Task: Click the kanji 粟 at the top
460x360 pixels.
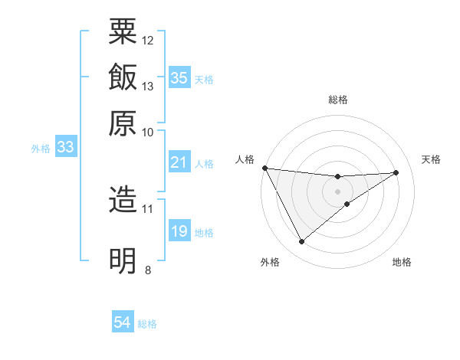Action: (x=123, y=31)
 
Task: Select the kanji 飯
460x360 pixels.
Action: (x=123, y=77)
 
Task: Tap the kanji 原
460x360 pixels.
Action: (x=123, y=123)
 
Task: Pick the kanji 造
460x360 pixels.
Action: (x=123, y=200)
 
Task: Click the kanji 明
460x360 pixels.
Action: (x=123, y=260)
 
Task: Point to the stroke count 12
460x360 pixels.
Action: (x=148, y=40)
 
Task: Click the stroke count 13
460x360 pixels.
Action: (x=148, y=86)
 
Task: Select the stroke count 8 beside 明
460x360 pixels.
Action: (x=147, y=269)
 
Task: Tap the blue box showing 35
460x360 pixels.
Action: (x=179, y=77)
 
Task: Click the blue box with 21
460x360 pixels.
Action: (x=179, y=162)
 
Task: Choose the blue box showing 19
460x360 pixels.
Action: (x=179, y=231)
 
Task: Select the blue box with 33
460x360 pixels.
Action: (x=65, y=147)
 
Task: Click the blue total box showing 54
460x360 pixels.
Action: (x=123, y=322)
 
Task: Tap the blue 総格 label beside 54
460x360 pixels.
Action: (x=147, y=324)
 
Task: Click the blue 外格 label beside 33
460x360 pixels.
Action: (x=41, y=149)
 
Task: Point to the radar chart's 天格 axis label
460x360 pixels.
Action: (x=431, y=159)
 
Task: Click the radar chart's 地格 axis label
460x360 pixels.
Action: (x=402, y=263)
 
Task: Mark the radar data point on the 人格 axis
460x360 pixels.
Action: (x=264, y=168)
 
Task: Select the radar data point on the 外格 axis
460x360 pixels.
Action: (x=301, y=242)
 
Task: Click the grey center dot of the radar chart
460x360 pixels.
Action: (x=337, y=191)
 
